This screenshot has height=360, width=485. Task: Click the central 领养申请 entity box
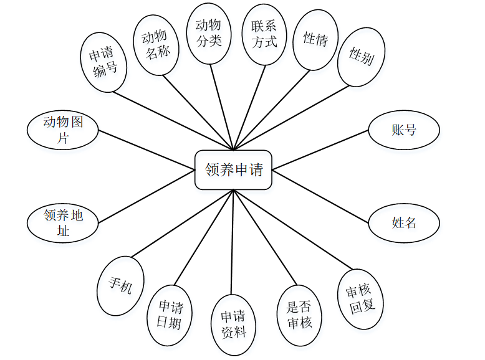[233, 169]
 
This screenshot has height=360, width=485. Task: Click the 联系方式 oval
[264, 34]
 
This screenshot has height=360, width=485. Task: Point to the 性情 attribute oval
[315, 40]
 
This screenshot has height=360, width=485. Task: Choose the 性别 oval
[361, 57]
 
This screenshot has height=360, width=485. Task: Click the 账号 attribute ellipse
[404, 130]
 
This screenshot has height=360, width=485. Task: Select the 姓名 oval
[404, 222]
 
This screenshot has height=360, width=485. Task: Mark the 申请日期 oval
[170, 315]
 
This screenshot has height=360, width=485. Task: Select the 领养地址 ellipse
[63, 224]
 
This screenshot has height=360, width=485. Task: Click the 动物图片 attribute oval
[63, 130]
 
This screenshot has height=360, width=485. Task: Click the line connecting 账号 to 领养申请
[320, 150]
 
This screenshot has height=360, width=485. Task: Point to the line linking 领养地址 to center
[146, 197]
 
